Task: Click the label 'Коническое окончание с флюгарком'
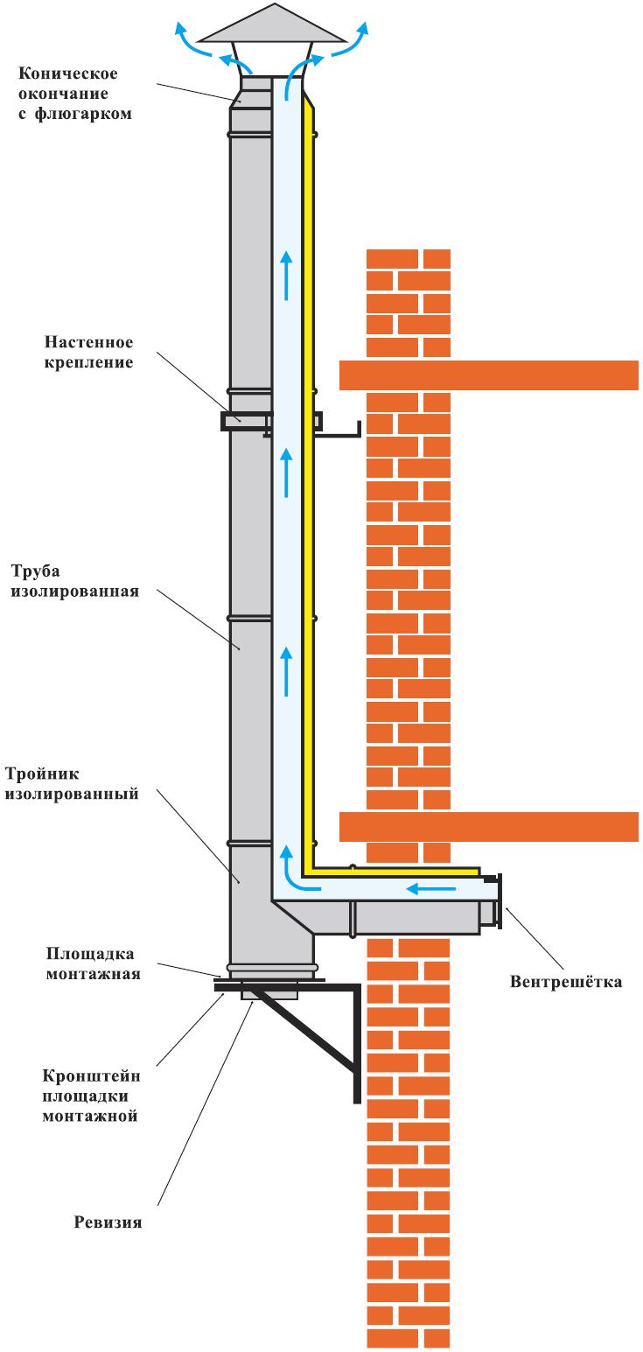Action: pyautogui.click(x=74, y=94)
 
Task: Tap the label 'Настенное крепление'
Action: pyautogui.click(x=88, y=352)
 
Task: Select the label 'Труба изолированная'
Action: pyautogui.click(x=74, y=581)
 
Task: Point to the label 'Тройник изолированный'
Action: pyautogui.click(x=72, y=783)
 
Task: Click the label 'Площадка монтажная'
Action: pyautogui.click(x=94, y=963)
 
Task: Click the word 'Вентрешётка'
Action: pyautogui.click(x=566, y=982)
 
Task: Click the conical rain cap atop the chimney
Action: pyautogui.click(x=273, y=25)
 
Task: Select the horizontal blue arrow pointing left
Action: pyautogui.click(x=430, y=888)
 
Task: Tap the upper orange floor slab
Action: pyautogui.click(x=488, y=375)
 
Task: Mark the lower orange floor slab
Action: pyautogui.click(x=488, y=827)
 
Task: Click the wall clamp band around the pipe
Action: pyautogui.click(x=271, y=421)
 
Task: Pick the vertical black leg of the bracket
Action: pyautogui.click(x=357, y=1044)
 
